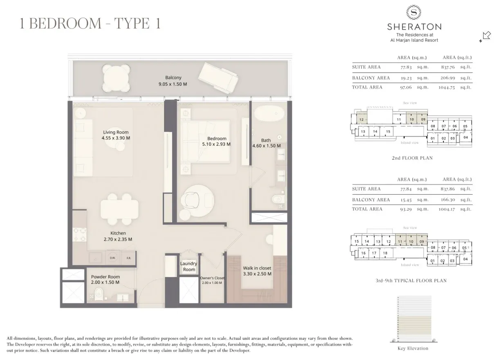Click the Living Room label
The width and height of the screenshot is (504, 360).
(116, 132)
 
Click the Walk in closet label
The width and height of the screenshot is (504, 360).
(257, 268)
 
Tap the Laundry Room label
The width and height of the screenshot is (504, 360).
(189, 267)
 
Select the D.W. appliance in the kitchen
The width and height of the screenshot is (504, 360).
(112, 258)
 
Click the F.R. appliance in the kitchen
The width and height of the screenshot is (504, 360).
(128, 258)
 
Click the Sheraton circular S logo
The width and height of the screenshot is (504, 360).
(414, 13)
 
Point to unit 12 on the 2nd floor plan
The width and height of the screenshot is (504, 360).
(361, 119)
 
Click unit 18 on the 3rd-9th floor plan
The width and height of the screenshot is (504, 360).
(385, 253)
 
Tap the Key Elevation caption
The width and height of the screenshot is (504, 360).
(413, 349)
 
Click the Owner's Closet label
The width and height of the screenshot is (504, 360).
(212, 278)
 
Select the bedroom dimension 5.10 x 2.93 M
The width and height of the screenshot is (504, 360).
(216, 144)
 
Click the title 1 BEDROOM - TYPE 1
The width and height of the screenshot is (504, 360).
(90, 23)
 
